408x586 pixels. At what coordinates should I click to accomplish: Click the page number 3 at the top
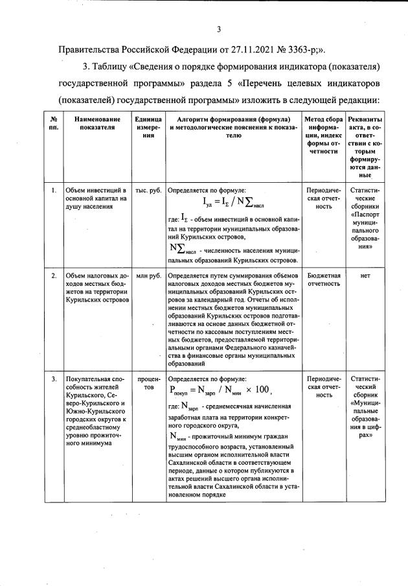pos(218,29)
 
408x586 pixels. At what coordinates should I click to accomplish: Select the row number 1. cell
pos(53,191)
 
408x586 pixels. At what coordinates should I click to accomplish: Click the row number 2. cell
pos(53,276)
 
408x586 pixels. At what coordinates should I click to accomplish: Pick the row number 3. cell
pos(53,377)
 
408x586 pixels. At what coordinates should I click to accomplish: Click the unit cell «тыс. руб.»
pos(148,191)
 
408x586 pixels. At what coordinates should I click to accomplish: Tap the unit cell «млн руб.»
pos(148,276)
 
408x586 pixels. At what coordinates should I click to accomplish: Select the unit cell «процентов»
pos(148,382)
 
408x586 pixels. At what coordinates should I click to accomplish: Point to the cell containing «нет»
pos(365,276)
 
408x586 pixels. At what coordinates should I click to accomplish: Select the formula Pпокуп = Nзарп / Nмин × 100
pos(219,391)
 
